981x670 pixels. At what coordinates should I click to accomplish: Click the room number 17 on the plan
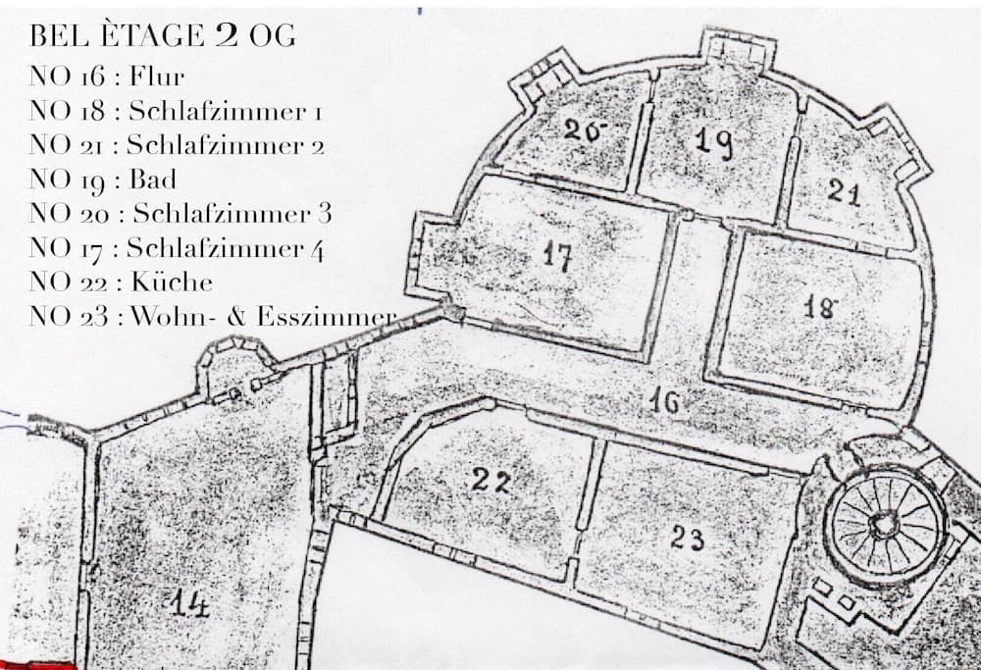(557, 257)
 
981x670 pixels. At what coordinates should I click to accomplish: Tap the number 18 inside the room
(819, 307)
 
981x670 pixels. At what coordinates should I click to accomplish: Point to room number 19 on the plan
(713, 142)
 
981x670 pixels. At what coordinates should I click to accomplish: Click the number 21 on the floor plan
(843, 191)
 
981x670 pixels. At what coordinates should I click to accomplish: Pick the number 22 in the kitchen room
(491, 480)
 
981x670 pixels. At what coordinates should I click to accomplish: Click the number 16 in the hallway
(664, 400)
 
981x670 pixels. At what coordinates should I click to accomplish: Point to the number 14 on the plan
(189, 605)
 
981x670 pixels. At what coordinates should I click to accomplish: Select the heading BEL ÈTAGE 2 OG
(163, 37)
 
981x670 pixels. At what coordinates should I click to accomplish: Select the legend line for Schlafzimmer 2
(177, 145)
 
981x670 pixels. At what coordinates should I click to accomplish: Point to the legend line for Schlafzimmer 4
(177, 248)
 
